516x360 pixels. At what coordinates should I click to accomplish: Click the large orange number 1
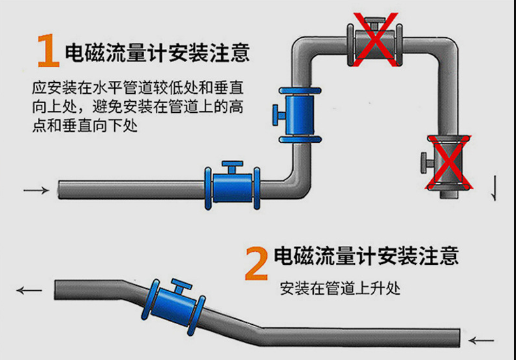click(x=47, y=50)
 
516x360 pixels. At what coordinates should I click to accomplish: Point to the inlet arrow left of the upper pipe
click(x=36, y=190)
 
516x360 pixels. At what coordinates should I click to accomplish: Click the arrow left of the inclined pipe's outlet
click(x=29, y=290)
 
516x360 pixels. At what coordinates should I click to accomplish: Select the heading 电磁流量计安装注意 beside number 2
click(x=366, y=255)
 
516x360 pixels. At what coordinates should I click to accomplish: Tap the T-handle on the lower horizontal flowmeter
click(x=232, y=166)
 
